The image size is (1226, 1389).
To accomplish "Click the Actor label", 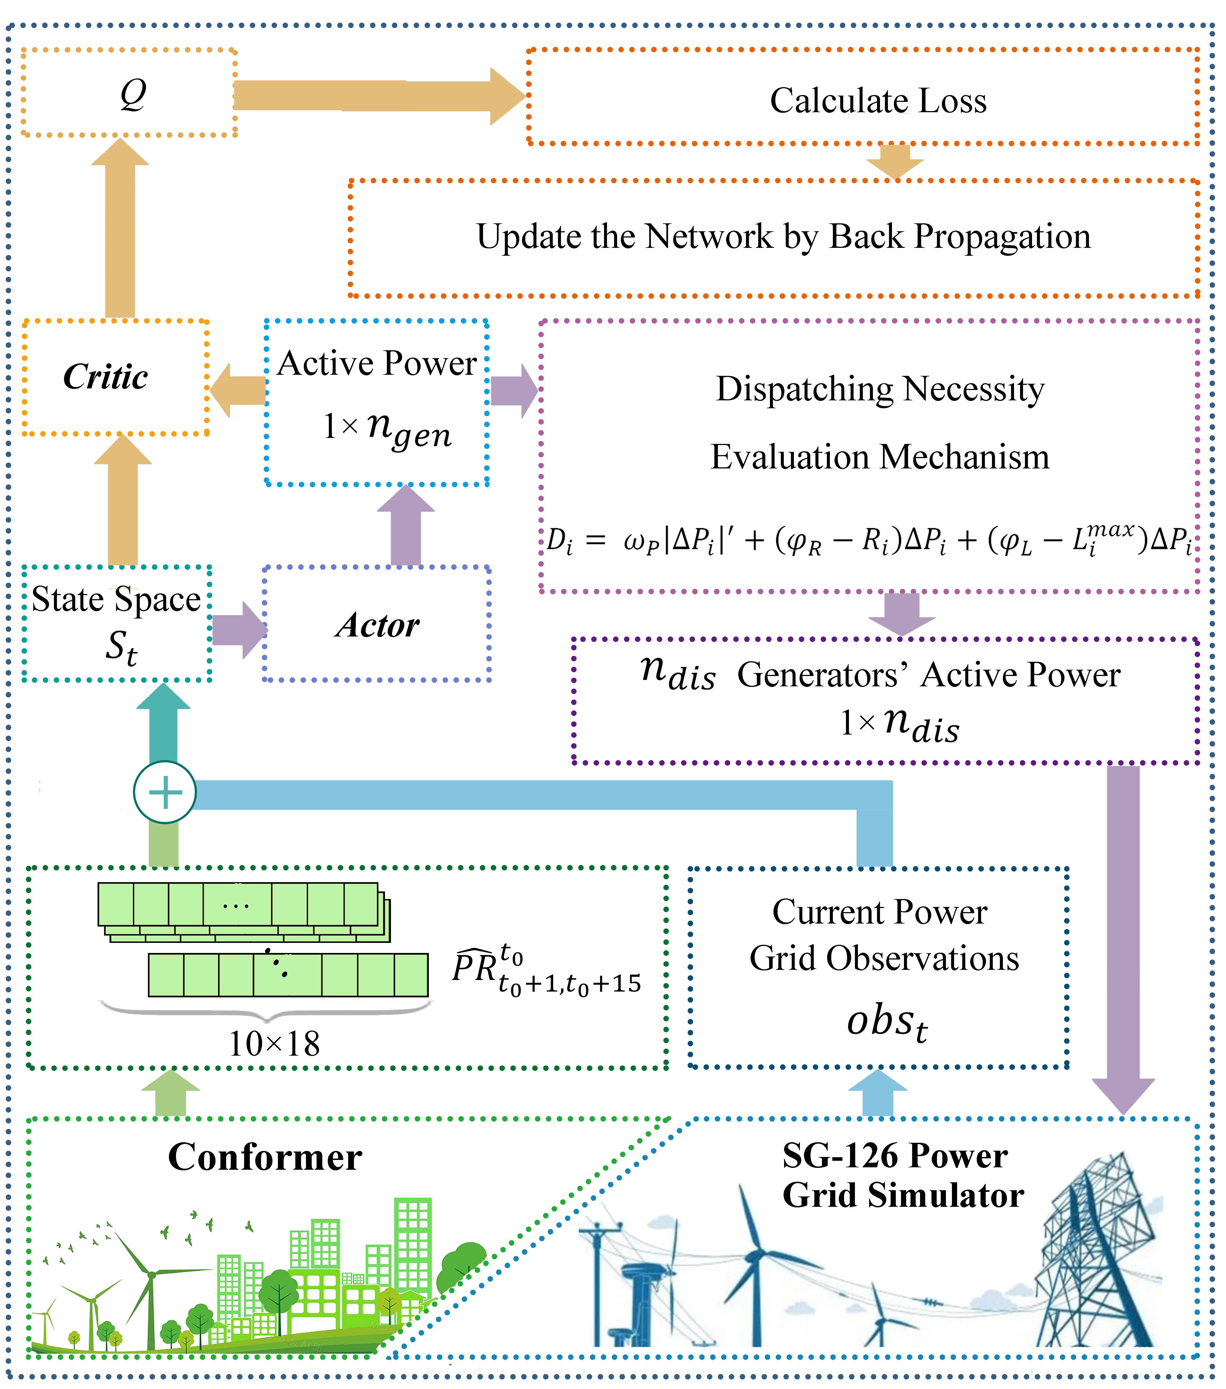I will [x=377, y=625].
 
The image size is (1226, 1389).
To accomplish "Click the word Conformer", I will [x=265, y=1157].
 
